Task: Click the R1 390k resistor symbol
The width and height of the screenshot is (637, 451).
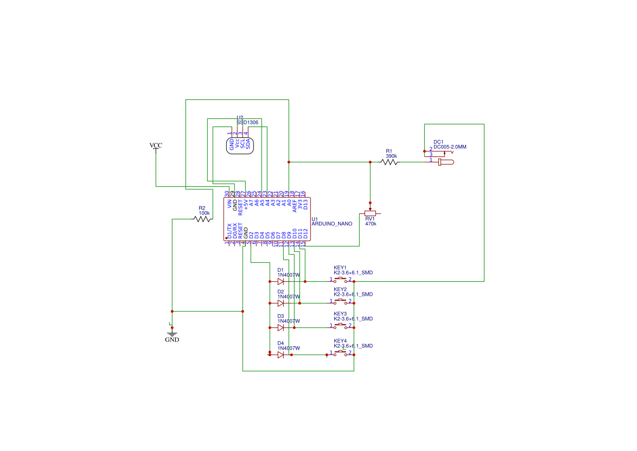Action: [390, 162]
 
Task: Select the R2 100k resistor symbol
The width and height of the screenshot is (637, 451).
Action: [202, 219]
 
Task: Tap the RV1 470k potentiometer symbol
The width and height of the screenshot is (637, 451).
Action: [371, 213]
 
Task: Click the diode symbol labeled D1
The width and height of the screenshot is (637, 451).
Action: [281, 282]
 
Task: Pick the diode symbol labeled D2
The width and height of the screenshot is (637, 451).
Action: [281, 303]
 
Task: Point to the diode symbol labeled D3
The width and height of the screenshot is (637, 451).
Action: [281, 328]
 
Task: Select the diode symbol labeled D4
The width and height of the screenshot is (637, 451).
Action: [281, 355]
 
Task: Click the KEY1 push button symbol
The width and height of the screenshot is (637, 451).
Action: [341, 280]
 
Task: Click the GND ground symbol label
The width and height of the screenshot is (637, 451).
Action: [172, 340]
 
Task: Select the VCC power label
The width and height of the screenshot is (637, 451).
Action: [156, 145]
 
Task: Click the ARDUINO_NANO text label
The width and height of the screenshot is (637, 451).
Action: [332, 224]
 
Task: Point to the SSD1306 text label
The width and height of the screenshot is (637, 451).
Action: [247, 123]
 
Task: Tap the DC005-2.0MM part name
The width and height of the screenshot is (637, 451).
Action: [450, 147]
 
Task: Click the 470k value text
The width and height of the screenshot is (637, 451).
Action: [371, 224]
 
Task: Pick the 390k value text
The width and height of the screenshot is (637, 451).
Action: [391, 156]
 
